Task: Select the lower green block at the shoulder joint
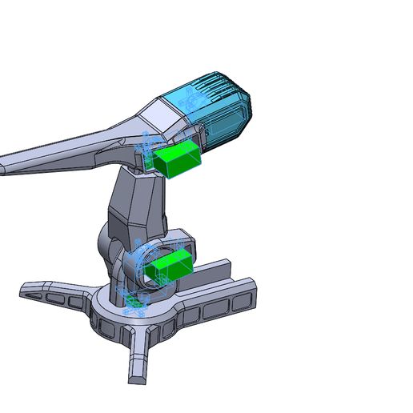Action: (170, 266)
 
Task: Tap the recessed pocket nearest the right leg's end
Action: (239, 301)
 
